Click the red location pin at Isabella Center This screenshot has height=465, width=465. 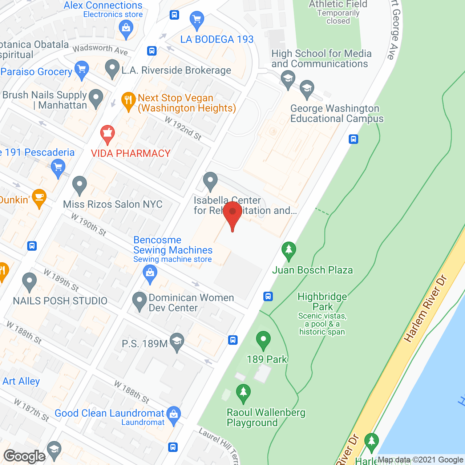pos(232,214)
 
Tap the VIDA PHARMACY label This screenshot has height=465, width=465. pos(131,153)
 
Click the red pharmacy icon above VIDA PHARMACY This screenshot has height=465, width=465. pos(108,134)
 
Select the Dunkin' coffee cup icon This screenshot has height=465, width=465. pos(39,198)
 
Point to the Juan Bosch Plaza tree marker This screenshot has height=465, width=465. pos(289,250)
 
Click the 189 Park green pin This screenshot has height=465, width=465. pos(263,341)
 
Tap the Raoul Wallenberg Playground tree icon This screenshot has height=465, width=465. pos(243,393)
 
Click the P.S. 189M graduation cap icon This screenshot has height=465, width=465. pos(177,341)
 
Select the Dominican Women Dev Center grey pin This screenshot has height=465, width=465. pos(139,300)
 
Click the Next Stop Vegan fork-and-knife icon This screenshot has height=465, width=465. pos(128,100)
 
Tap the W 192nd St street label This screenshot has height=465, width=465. pos(183,128)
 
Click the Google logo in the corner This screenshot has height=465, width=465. pos(24,456)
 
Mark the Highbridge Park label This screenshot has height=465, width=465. pos(323,302)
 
